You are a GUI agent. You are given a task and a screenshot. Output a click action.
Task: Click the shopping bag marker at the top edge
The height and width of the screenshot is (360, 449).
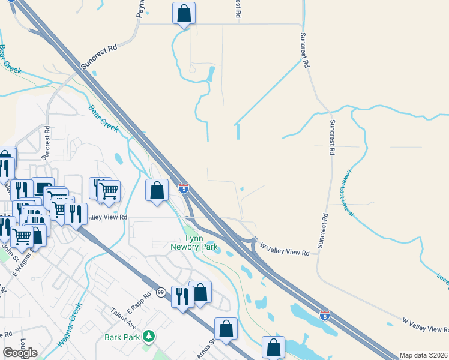[184, 13]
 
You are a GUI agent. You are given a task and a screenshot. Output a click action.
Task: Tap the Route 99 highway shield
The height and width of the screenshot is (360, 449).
[161, 292]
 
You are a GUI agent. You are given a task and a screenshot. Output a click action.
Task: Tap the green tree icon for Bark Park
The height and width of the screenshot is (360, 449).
[146, 337]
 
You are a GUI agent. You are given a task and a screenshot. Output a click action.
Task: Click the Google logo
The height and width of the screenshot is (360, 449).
[20, 353]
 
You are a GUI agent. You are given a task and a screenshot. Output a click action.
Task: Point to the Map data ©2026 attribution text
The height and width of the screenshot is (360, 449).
[423, 355]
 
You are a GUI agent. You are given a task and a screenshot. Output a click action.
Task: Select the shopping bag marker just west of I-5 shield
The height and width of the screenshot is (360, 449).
[157, 191]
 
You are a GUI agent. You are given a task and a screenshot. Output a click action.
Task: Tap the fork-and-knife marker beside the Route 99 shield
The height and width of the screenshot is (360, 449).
[182, 296]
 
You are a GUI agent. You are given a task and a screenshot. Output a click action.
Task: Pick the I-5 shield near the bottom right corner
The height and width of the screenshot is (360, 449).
[324, 314]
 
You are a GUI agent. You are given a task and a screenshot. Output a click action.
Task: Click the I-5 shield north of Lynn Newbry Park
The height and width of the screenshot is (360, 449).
[184, 189]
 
